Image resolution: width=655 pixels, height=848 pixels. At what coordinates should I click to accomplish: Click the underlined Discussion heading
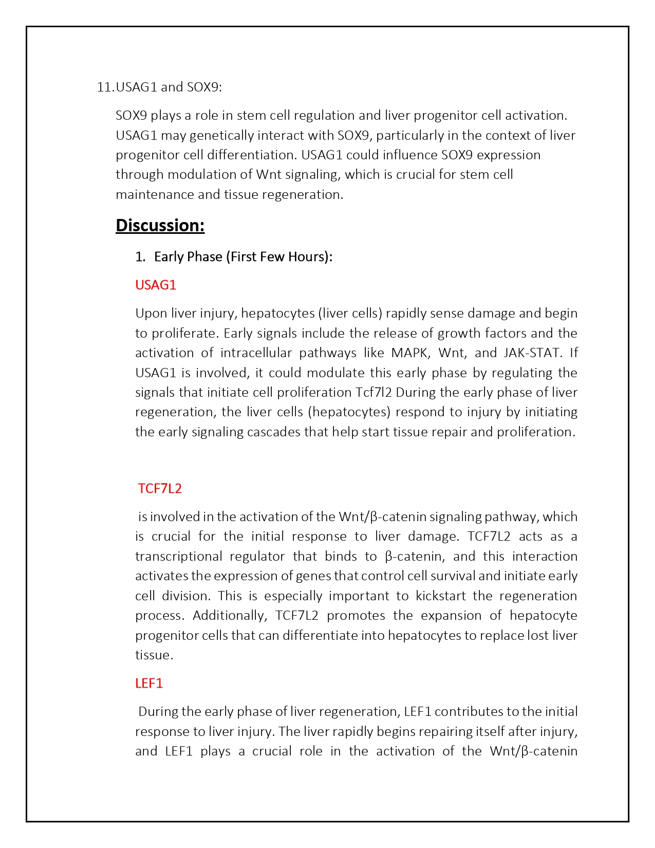(x=160, y=226)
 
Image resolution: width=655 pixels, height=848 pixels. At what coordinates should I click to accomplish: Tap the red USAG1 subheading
(x=156, y=285)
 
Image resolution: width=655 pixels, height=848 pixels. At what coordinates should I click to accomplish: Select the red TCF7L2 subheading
(x=160, y=488)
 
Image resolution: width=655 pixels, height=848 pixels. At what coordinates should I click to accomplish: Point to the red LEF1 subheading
(x=149, y=684)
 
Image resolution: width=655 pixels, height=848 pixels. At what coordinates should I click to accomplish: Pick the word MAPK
(x=411, y=353)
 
